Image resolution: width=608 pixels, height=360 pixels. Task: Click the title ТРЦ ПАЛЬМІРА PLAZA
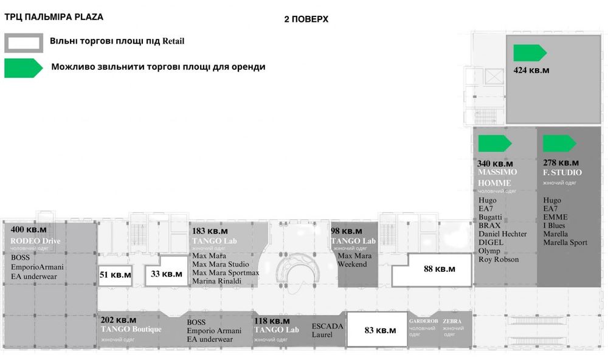(x=54, y=17)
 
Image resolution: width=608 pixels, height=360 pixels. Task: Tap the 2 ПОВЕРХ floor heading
(x=306, y=19)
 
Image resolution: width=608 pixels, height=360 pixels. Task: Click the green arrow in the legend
(x=23, y=67)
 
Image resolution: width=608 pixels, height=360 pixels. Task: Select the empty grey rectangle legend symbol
(x=23, y=43)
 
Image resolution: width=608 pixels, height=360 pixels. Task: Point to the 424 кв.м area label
(x=531, y=70)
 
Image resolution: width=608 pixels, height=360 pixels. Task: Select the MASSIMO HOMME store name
(x=497, y=178)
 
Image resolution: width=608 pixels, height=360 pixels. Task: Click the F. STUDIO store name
(x=562, y=173)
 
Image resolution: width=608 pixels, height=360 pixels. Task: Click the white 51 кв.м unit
(x=115, y=275)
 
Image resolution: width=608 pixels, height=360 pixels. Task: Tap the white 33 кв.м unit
(x=166, y=274)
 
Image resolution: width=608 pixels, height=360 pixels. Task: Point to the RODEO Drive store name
(x=35, y=241)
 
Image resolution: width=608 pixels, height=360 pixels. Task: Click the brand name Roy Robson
(x=499, y=260)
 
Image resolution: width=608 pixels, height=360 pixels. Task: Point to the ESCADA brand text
(x=328, y=326)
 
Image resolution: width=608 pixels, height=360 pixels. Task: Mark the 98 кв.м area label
(x=347, y=232)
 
